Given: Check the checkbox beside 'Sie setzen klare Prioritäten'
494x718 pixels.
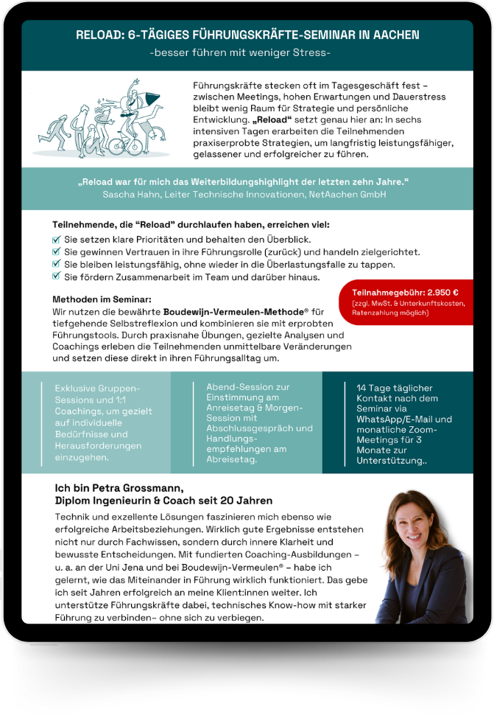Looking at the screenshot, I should click(57, 240).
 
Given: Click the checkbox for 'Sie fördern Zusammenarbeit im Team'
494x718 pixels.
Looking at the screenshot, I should click(57, 277).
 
